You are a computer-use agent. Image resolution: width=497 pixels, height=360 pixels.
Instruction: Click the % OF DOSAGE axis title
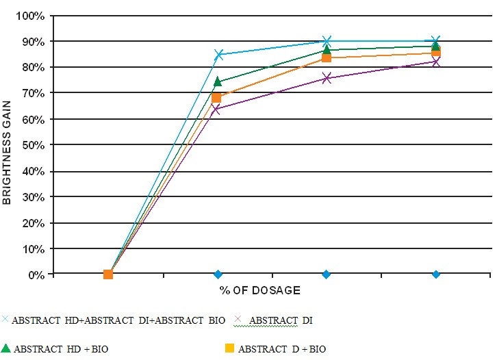pyautogui.click(x=259, y=290)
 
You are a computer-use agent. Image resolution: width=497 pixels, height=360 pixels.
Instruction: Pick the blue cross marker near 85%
pyautogui.click(x=218, y=55)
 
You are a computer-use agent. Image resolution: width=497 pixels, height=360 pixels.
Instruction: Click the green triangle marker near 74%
pyautogui.click(x=218, y=82)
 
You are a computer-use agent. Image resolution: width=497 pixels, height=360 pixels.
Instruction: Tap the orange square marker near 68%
pyautogui.click(x=217, y=98)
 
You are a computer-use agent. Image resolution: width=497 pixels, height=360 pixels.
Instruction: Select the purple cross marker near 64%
pyautogui.click(x=217, y=109)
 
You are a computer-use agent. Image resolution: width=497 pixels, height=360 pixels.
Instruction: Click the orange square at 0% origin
pyautogui.click(x=107, y=274)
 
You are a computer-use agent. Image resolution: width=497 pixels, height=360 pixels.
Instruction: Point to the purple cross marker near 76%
pyautogui.click(x=327, y=78)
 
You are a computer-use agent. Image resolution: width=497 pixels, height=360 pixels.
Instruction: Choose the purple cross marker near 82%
pyautogui.click(x=435, y=62)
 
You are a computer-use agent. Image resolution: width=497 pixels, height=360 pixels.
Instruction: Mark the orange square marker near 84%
pyautogui.click(x=327, y=58)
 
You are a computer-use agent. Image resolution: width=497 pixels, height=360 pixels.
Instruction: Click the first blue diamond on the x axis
pyautogui.click(x=218, y=274)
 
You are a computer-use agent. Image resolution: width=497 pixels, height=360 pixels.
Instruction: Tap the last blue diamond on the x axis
pyautogui.click(x=435, y=274)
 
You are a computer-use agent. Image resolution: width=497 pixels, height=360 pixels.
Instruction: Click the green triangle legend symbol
pyautogui.click(x=5, y=348)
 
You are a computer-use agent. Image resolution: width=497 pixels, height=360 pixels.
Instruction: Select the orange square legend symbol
pyautogui.click(x=230, y=348)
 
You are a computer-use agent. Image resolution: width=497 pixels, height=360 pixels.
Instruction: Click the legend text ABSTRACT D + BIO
pyautogui.click(x=282, y=349)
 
